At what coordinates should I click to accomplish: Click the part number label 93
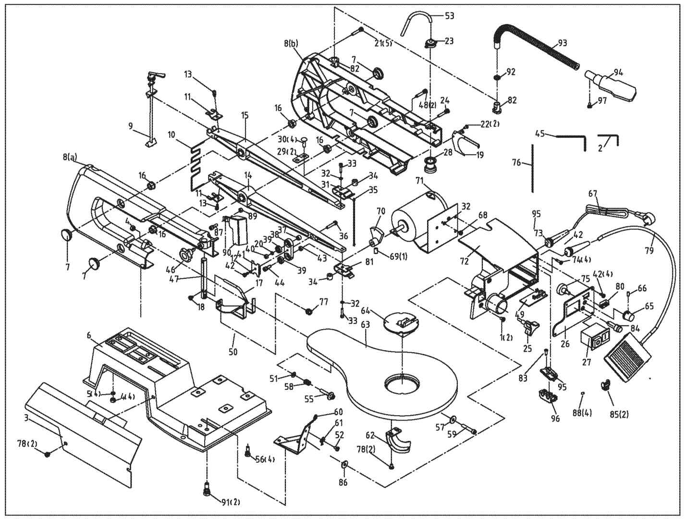click(x=562, y=43)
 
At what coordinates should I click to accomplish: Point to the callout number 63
click(x=366, y=325)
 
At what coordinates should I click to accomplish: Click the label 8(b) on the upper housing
click(x=291, y=44)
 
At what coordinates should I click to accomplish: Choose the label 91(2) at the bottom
click(x=230, y=503)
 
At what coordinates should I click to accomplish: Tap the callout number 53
click(x=449, y=16)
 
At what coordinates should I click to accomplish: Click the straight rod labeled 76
click(x=532, y=167)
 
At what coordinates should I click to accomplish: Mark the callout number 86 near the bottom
click(x=342, y=482)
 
